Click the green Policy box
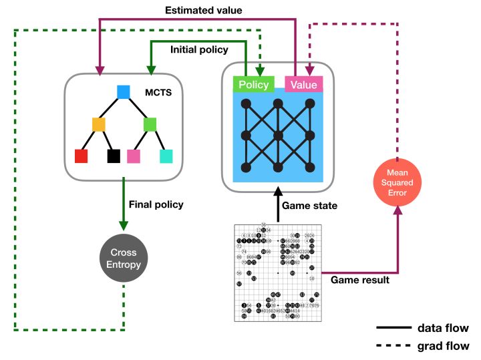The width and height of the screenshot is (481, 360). click(x=253, y=84)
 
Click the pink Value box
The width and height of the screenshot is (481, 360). click(x=304, y=84)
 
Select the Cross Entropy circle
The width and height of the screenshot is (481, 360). click(x=124, y=257)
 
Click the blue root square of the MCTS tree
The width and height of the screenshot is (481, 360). click(x=123, y=92)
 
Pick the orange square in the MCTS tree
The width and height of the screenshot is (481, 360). click(x=98, y=124)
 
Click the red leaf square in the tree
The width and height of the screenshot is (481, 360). click(x=81, y=156)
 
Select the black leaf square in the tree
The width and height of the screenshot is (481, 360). click(x=114, y=156)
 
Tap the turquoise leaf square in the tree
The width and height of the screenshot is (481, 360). click(x=166, y=156)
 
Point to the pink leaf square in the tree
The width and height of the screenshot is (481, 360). click(x=134, y=156)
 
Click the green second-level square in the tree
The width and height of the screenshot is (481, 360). click(x=150, y=124)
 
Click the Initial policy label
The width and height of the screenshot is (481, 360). click(x=199, y=49)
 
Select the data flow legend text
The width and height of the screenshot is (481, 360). click(x=442, y=328)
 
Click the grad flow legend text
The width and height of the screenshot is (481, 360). click(x=442, y=346)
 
